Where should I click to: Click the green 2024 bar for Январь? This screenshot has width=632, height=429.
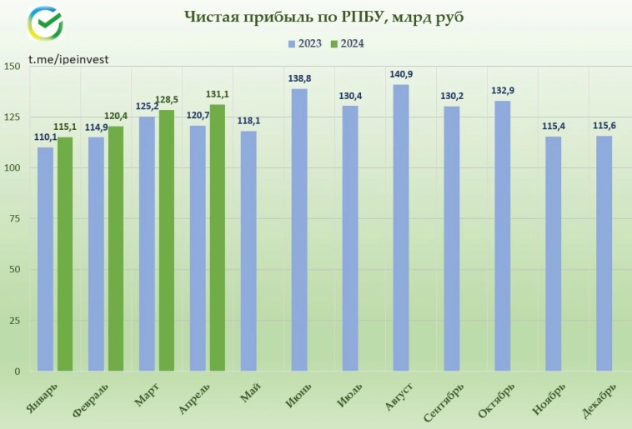click(x=65, y=254)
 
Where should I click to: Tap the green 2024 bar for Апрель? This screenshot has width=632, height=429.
click(x=218, y=237)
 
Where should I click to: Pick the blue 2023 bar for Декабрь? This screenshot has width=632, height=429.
click(x=604, y=253)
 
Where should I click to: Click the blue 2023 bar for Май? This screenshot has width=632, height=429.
click(x=248, y=251)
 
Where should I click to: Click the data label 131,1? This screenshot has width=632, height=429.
click(x=218, y=94)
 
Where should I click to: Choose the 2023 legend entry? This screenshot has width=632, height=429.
click(x=304, y=44)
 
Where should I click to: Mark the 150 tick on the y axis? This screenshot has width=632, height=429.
click(x=12, y=67)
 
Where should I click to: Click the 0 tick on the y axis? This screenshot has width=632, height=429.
click(x=18, y=372)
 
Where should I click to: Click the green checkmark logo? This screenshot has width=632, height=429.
click(x=46, y=26)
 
